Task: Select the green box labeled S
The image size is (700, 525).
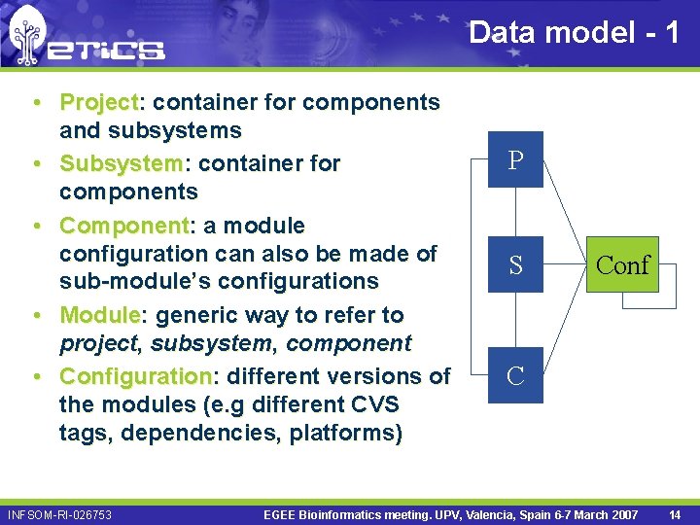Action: click(x=515, y=263)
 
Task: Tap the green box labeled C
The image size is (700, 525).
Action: click(x=515, y=375)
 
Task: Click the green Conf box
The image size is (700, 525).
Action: click(x=622, y=263)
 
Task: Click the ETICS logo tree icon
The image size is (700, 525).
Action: click(x=27, y=37)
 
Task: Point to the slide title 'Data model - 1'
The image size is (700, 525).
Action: click(x=574, y=32)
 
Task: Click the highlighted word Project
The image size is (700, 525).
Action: click(x=100, y=102)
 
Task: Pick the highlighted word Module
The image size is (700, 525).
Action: click(x=100, y=315)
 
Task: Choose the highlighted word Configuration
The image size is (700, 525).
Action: click(x=135, y=375)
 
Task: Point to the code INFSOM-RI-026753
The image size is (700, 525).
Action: click(x=59, y=513)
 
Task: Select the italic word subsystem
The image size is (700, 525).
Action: click(x=197, y=343)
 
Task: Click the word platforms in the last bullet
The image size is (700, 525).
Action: click(x=345, y=433)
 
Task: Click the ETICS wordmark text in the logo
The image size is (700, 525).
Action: click(x=107, y=49)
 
